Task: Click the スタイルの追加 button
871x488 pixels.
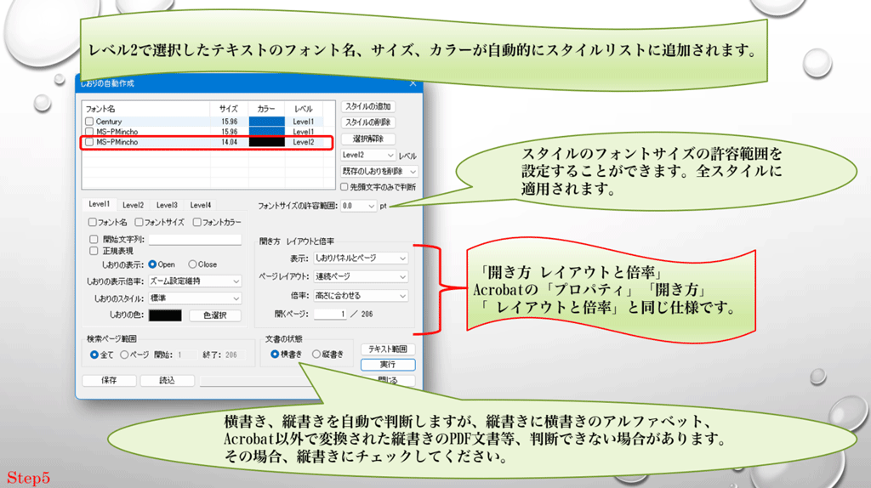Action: coord(368,107)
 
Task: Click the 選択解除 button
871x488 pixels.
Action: coord(368,139)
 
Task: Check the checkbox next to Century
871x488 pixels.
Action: coord(89,122)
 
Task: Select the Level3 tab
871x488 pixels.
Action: coord(167,205)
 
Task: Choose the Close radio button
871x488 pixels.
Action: coord(193,264)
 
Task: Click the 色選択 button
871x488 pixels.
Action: coord(213,315)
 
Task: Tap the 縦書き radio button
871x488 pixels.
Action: coord(317,354)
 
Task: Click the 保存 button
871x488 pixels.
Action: coord(109,381)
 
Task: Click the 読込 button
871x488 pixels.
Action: coord(168,381)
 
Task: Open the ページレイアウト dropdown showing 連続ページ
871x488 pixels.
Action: coord(360,276)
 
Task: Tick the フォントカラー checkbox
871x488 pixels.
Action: coord(197,223)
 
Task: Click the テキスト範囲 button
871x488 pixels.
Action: coord(388,349)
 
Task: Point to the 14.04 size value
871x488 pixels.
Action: coord(229,143)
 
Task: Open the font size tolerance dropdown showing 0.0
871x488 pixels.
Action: coord(358,206)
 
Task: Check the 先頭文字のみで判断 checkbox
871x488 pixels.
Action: coord(344,186)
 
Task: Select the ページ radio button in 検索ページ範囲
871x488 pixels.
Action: coord(125,354)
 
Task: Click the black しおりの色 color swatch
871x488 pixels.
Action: coord(165,315)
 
